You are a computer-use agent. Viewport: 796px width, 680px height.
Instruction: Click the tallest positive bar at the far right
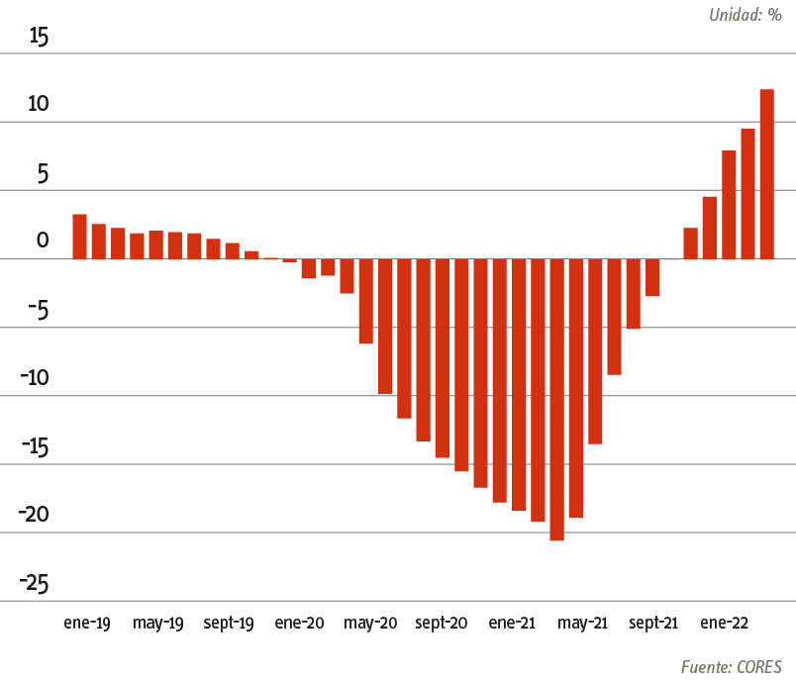tap(766, 174)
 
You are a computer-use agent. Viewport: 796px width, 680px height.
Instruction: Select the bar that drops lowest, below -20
tap(556, 400)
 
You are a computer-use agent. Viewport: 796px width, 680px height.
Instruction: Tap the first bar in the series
tap(79, 237)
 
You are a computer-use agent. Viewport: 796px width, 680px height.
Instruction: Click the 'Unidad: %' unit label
tap(745, 15)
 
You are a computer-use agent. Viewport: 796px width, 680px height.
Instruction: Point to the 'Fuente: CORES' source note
tap(731, 665)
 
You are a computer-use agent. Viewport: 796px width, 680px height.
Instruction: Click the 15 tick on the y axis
tap(39, 37)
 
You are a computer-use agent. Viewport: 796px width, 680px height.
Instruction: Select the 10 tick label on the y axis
tap(38, 105)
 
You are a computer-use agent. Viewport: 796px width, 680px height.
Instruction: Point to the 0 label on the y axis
tap(42, 241)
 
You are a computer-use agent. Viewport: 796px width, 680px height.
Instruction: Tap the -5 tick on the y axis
tap(37, 310)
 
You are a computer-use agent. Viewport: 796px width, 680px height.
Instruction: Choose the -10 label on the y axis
tap(35, 378)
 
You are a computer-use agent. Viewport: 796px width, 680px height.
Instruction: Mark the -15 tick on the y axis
tap(35, 446)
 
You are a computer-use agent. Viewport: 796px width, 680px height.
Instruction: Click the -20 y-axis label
tap(35, 515)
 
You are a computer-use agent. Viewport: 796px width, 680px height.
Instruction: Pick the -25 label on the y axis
tap(35, 583)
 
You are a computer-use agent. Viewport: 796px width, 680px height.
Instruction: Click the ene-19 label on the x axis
tap(87, 623)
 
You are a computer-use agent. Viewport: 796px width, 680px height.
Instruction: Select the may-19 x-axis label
tap(158, 623)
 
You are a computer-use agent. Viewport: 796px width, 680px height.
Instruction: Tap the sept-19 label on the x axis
tap(230, 623)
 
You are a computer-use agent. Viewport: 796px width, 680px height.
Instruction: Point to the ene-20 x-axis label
tap(299, 623)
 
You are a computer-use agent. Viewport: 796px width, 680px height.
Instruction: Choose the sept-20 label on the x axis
tap(442, 623)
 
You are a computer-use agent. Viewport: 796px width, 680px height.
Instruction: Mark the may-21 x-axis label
tap(582, 623)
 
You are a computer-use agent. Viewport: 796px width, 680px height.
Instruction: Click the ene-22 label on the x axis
tap(724, 623)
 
